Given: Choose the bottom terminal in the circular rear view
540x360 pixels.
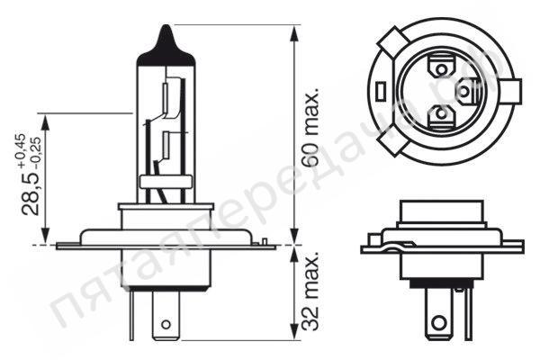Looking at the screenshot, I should click(440, 115).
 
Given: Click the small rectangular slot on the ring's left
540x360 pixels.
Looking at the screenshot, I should click(382, 91).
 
